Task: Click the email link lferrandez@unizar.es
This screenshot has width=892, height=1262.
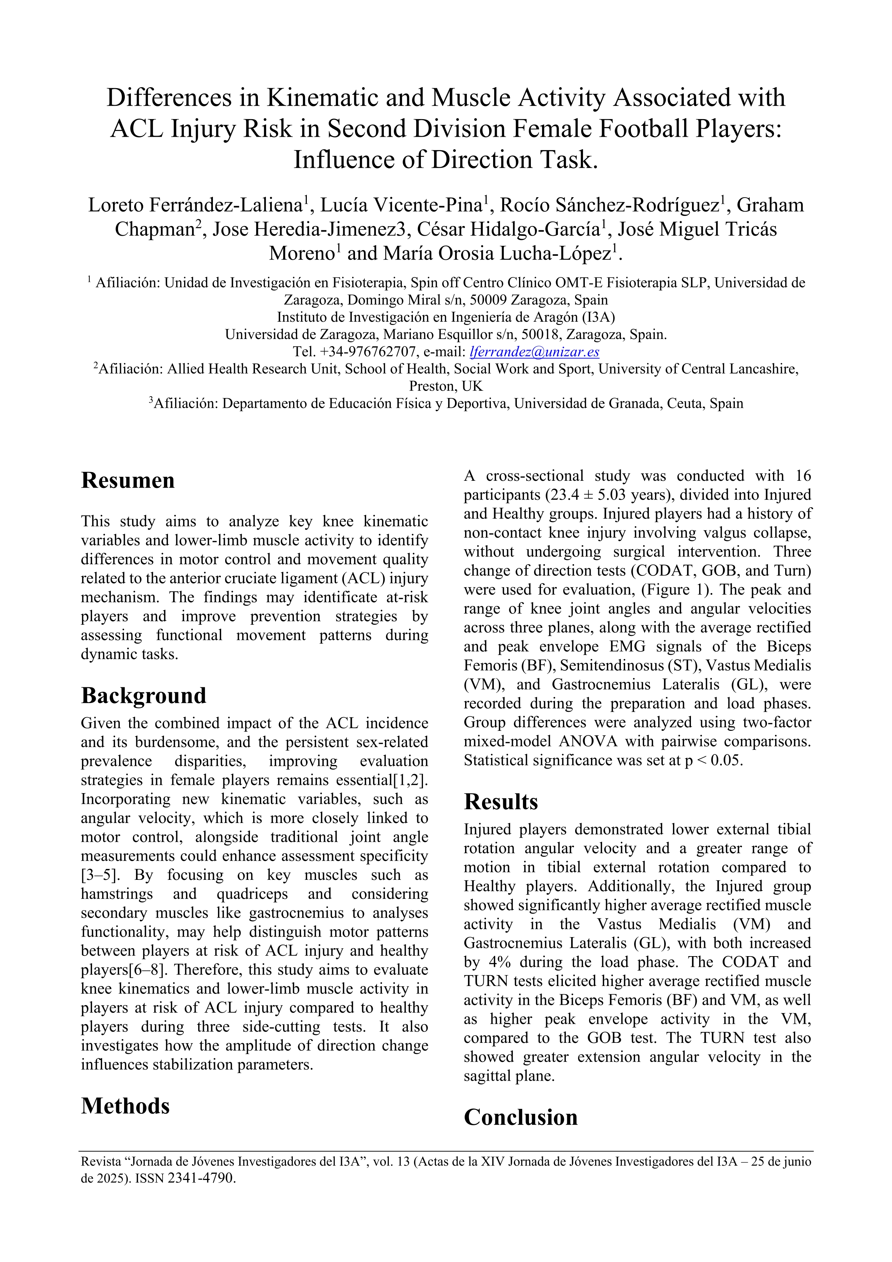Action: pos(534,352)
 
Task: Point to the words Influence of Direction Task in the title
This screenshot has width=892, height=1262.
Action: pos(445,160)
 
